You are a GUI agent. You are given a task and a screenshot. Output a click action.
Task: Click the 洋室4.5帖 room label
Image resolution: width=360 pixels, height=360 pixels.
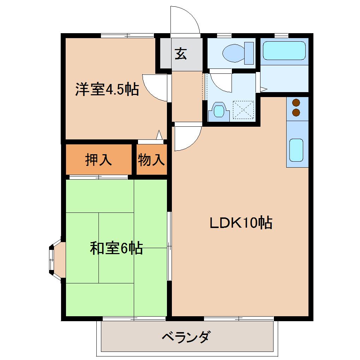click(x=106, y=90)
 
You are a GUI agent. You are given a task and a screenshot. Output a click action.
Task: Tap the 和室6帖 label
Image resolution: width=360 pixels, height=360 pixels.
click(x=116, y=248)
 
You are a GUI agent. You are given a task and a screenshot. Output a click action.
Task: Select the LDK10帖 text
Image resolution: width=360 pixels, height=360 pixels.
click(x=241, y=223)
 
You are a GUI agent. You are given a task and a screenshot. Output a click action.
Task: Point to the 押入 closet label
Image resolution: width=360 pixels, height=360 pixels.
click(x=98, y=160)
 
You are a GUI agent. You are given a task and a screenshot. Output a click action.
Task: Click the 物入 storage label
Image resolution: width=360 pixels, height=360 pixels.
click(x=151, y=160)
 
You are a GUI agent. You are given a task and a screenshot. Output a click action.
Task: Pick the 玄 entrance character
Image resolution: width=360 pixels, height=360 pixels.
click(x=181, y=54)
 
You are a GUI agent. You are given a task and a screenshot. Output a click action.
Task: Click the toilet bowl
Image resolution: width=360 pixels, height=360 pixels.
click(x=235, y=53)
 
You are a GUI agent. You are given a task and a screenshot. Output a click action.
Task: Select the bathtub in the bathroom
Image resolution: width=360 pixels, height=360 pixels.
click(x=284, y=50)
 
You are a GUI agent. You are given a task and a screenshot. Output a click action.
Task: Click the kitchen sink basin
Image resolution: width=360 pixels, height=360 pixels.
click(x=296, y=150)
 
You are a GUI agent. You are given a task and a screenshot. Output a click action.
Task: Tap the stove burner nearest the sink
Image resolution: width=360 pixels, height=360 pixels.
click(x=296, y=113)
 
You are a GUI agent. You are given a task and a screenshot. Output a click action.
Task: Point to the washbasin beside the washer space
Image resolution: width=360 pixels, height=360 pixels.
click(x=219, y=110)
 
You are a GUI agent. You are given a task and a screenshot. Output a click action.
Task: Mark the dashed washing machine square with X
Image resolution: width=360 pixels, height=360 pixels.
click(x=244, y=110)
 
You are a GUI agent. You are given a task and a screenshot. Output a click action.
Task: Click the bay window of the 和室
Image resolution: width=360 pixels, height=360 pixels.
click(x=54, y=257)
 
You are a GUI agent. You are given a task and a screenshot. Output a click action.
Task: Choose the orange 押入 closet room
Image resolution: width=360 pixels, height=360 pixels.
click(x=99, y=160)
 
